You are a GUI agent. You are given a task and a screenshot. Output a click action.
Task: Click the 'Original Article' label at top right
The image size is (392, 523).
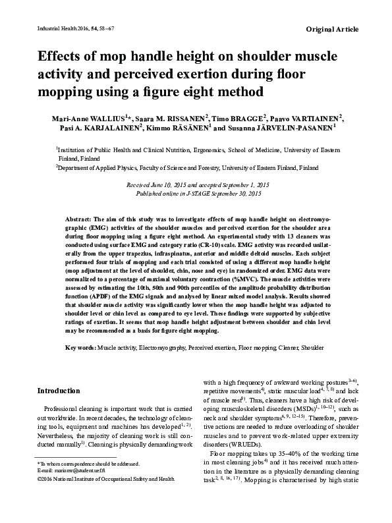(333, 29)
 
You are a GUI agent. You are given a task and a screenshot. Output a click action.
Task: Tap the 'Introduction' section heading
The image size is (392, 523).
(59, 391)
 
